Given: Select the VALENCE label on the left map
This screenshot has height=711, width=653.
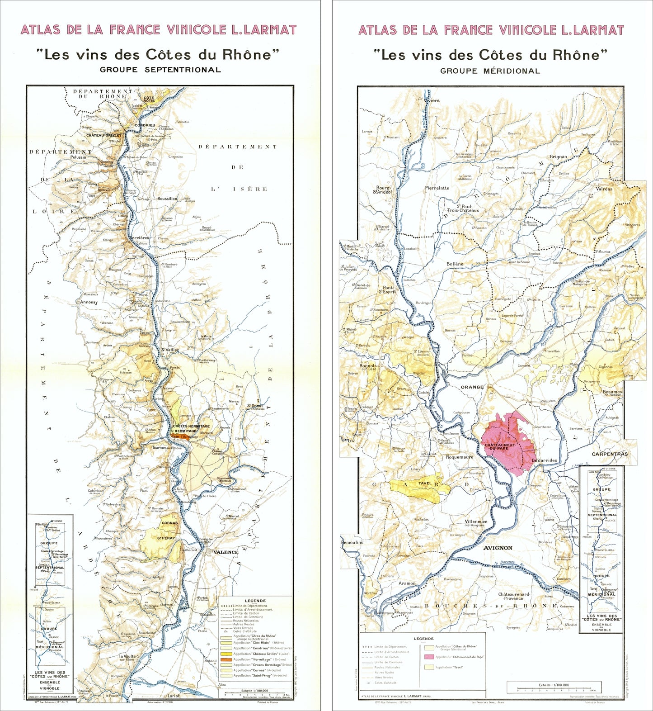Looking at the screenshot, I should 225,552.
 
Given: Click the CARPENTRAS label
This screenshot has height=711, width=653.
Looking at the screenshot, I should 610,454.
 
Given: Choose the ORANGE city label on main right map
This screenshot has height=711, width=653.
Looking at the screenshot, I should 472,387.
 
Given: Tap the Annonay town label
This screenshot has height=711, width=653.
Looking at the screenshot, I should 89,302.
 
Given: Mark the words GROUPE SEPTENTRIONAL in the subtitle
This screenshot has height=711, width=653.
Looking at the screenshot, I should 160,70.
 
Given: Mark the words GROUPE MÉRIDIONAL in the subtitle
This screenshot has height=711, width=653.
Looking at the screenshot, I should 490,71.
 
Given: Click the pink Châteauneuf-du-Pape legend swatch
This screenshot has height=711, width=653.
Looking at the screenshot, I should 429,657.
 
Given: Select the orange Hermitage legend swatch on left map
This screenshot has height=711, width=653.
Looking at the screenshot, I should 226,659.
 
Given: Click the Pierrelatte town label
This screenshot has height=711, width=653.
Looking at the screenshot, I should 437,188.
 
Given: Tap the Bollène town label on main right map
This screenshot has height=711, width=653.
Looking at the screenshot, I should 455,264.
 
